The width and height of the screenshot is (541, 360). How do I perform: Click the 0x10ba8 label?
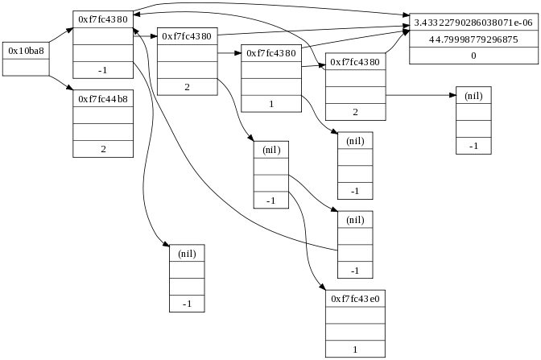(x=26, y=50)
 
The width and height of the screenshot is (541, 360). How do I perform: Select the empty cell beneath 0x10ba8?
(x=26, y=67)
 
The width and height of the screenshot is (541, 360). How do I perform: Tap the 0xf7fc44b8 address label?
(x=103, y=98)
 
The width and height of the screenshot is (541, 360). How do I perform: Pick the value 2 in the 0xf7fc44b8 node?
(x=103, y=149)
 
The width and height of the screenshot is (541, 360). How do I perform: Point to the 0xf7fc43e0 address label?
(x=355, y=298)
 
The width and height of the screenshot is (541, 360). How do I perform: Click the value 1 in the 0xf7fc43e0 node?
(x=355, y=349)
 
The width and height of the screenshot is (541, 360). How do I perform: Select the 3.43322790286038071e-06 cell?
(x=473, y=23)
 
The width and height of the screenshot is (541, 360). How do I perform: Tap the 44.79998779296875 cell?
(x=473, y=39)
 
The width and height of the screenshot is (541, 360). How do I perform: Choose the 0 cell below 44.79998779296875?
(x=473, y=56)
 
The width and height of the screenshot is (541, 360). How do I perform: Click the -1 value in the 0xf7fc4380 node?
(x=103, y=70)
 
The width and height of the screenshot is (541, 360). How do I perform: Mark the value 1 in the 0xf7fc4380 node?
(x=271, y=104)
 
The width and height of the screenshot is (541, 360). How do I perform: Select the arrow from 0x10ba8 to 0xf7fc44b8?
(x=60, y=82)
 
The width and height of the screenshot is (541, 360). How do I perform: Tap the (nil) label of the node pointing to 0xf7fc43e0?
(x=270, y=149)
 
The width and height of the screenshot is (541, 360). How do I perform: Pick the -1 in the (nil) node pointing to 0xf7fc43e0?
(x=270, y=200)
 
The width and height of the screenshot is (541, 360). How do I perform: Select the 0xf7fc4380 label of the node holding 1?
(x=271, y=53)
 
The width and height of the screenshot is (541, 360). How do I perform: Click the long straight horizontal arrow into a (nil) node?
(x=419, y=96)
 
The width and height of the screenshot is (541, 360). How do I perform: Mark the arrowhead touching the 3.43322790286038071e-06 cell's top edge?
(x=406, y=15)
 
